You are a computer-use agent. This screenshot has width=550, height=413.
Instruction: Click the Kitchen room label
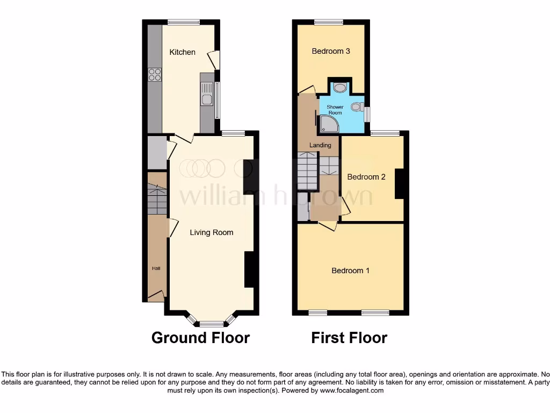(x=183, y=52)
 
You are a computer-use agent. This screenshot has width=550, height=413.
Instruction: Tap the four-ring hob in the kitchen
(x=155, y=75)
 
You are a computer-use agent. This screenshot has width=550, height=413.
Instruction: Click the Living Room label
(x=212, y=232)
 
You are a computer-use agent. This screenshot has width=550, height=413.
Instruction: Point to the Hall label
(x=156, y=268)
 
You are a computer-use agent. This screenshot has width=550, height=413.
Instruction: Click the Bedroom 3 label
(x=331, y=51)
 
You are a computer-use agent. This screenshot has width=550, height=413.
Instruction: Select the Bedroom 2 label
(x=366, y=176)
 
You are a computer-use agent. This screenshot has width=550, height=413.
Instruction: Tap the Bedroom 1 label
(x=350, y=270)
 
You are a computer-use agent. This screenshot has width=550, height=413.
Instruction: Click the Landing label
(x=321, y=145)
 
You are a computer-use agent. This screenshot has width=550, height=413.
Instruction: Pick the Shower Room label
(x=335, y=110)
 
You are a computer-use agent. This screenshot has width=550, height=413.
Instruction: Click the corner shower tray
(x=328, y=125)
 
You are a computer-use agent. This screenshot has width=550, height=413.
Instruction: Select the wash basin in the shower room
(x=340, y=87)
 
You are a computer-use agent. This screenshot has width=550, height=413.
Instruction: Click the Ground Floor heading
(x=200, y=338)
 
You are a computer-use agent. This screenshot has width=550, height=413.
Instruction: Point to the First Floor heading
(x=349, y=338)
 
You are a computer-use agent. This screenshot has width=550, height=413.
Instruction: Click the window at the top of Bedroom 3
(x=329, y=22)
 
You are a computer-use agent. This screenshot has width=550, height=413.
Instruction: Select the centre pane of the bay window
(x=212, y=324)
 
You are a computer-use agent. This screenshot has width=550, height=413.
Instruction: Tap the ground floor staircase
(x=157, y=199)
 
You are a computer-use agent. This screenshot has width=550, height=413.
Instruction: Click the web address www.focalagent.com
(x=352, y=390)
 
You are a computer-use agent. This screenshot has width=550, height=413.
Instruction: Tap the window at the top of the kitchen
(x=184, y=22)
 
